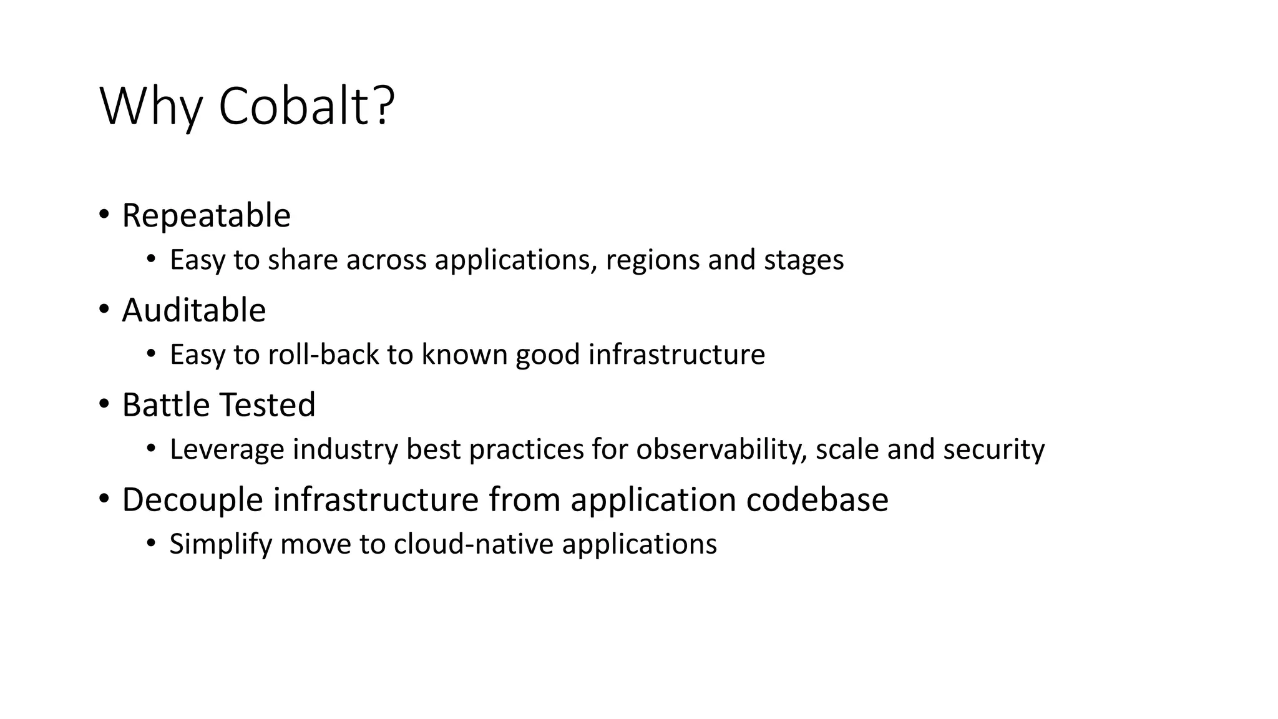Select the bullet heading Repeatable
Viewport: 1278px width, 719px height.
[206, 215]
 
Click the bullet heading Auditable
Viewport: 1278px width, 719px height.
[193, 310]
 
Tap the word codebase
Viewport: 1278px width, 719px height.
[817, 499]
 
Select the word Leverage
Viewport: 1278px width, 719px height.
[227, 449]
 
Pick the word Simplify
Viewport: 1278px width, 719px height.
[221, 544]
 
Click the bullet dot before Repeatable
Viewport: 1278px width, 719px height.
[104, 215]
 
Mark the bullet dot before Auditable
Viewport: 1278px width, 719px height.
[104, 310]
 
